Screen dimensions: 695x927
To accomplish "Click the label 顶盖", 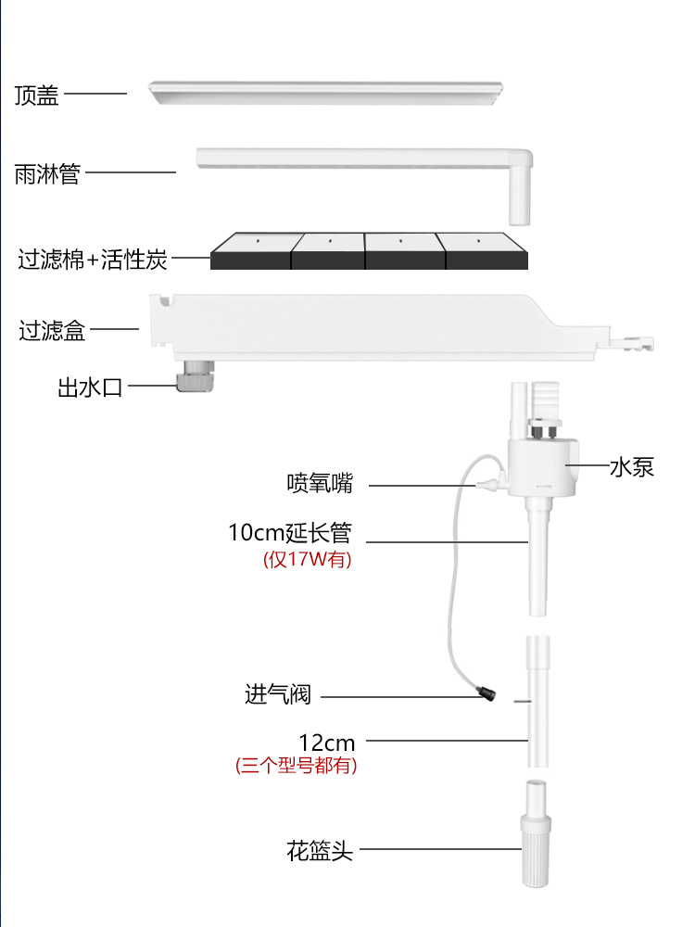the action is pyautogui.click(x=37, y=95).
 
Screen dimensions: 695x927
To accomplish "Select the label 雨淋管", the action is pyautogui.click(x=46, y=173).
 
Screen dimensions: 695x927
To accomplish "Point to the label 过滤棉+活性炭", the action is pyautogui.click(x=93, y=259).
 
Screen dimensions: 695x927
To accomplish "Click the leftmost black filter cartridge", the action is pyautogui.click(x=251, y=250).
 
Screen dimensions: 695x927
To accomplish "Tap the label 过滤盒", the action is pyautogui.click(x=52, y=330).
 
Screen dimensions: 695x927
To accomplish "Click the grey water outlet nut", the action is pyautogui.click(x=195, y=376).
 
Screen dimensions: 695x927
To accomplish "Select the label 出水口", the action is pyautogui.click(x=90, y=387).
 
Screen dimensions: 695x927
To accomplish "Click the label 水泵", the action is pyautogui.click(x=631, y=466).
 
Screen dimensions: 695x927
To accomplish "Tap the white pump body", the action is pyautogui.click(x=542, y=468).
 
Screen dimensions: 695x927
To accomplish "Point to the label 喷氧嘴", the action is pyautogui.click(x=320, y=483).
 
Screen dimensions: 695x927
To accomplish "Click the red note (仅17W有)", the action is pyautogui.click(x=308, y=560).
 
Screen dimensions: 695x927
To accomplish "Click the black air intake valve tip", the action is pyautogui.click(x=486, y=692).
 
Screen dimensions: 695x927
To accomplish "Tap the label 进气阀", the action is pyautogui.click(x=278, y=693).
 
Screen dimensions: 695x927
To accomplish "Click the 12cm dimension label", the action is pyautogui.click(x=326, y=742).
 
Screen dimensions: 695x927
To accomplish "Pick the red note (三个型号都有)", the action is pyautogui.click(x=296, y=766).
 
